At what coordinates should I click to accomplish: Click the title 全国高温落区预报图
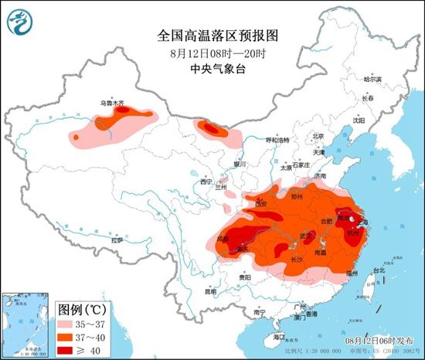coord(212,36)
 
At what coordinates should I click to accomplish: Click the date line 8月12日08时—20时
coord(212,53)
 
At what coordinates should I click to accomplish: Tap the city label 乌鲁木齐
coord(111,102)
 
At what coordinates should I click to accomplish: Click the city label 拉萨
coord(116,240)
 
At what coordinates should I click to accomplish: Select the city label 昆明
coord(211,292)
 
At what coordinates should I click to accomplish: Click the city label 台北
coord(378,270)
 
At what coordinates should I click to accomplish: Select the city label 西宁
coord(205,182)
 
